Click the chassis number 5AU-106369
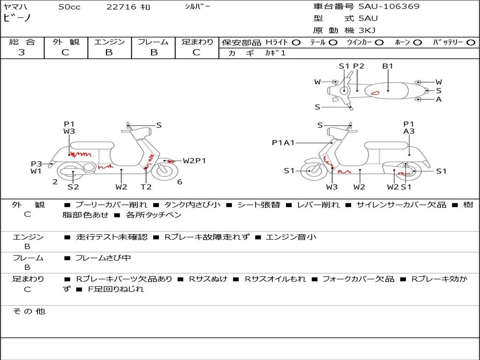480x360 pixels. coord(389,7)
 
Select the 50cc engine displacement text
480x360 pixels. coord(69,7)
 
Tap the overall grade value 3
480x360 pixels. coord(22,52)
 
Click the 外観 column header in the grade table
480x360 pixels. coord(66,42)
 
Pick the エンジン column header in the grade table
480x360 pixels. coord(109,42)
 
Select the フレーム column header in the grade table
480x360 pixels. coord(153,42)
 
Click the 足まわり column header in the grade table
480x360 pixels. coord(197,42)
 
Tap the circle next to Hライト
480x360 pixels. coord(296,43)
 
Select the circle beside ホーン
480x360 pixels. coord(417,43)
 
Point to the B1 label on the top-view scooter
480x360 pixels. coord(388,66)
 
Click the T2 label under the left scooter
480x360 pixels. coord(146,187)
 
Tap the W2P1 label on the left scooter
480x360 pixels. coord(194,161)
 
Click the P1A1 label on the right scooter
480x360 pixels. coord(283,142)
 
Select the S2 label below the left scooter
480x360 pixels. coord(73,187)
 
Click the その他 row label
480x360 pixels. coord(29,311)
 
